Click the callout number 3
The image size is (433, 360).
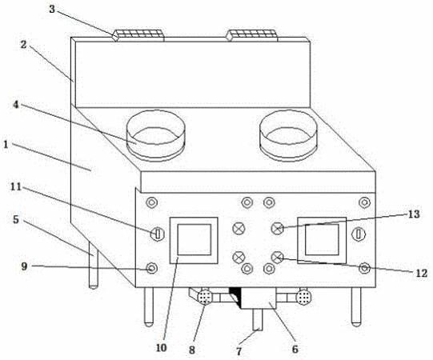[x=52, y=9]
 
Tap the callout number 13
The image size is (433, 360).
[x=414, y=214]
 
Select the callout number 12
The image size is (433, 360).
[x=422, y=273]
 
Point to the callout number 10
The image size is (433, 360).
[x=161, y=347]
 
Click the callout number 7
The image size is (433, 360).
[x=239, y=351]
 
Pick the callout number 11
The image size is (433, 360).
[x=16, y=186]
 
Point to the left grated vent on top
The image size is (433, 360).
[x=138, y=35]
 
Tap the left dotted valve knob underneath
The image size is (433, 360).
[x=205, y=297]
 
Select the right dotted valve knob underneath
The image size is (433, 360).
[x=303, y=297]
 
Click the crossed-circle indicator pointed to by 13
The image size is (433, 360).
[x=278, y=228]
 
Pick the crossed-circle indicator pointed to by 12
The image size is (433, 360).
[x=277, y=258]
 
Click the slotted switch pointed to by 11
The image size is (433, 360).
[x=158, y=234]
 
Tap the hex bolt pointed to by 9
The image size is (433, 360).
[x=151, y=268]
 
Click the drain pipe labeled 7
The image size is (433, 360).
[x=258, y=319]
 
